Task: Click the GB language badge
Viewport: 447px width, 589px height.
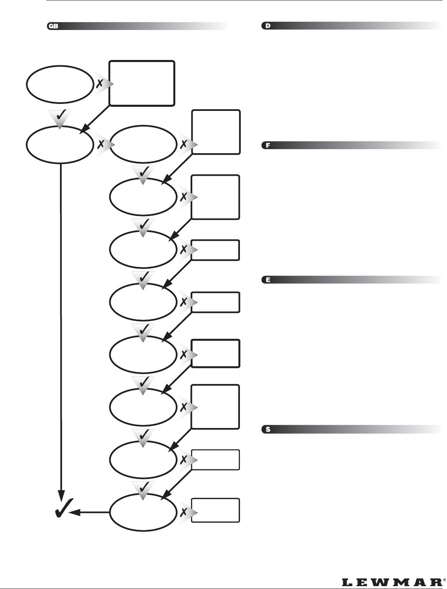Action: (x=53, y=26)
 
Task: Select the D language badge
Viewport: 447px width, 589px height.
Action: (x=268, y=26)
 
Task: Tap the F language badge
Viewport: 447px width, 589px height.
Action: (x=268, y=145)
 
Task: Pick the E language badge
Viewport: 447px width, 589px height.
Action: (x=268, y=280)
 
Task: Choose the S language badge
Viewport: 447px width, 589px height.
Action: (x=268, y=430)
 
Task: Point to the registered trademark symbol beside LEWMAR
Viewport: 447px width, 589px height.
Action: (x=444, y=580)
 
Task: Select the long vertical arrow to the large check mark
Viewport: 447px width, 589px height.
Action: (x=61, y=329)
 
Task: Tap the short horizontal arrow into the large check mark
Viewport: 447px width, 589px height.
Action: (x=90, y=512)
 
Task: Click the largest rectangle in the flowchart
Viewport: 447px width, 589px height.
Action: (x=142, y=83)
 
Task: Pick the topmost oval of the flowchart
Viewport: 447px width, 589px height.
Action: (x=60, y=84)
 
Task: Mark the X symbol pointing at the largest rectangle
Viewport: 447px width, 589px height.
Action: (x=99, y=83)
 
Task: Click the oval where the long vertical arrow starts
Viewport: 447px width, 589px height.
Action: (x=60, y=145)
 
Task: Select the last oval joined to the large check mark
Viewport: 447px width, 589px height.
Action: (x=143, y=512)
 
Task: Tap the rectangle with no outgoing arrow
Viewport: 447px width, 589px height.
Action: (x=215, y=510)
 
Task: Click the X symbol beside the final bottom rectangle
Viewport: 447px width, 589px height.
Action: (x=184, y=512)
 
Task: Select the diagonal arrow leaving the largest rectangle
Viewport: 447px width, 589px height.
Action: (x=95, y=119)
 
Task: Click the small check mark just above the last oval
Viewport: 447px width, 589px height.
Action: (x=143, y=488)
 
